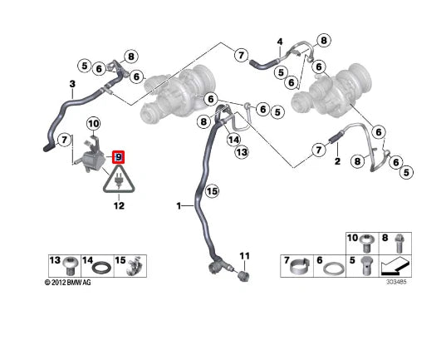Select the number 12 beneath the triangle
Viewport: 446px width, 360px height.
click(118, 205)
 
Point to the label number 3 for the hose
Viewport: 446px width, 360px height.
click(72, 84)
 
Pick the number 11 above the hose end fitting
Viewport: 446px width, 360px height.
click(244, 254)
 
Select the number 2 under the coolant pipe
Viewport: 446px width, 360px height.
click(337, 165)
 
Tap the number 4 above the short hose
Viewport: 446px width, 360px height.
click(280, 42)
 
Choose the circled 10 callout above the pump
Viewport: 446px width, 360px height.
click(94, 124)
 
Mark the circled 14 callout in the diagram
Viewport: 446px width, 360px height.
click(234, 140)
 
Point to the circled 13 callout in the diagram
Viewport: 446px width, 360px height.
click(241, 152)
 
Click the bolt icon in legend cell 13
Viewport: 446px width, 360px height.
click(71, 268)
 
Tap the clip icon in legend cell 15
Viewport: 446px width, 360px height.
click(130, 268)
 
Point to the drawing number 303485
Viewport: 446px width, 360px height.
click(395, 283)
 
